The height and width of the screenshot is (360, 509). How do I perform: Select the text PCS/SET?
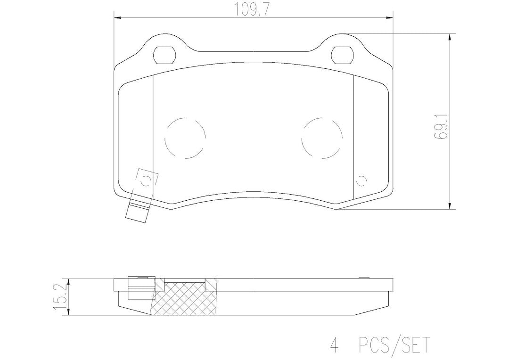pos(394,344)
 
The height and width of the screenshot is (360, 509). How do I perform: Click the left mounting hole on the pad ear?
pos(164,55)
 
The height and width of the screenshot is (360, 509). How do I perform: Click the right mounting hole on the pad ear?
pos(343,55)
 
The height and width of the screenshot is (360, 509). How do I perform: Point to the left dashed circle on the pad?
pos(185,138)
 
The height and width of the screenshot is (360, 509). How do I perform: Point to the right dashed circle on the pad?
pos(322,138)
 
